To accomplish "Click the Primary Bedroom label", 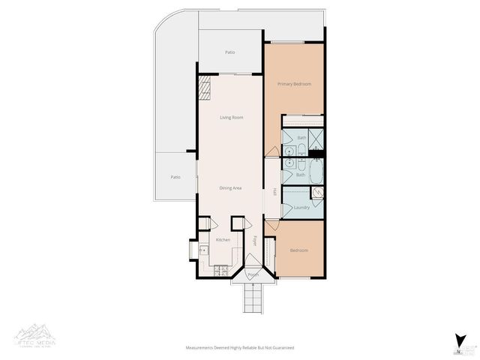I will [293, 84].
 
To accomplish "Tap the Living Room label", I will [231, 118].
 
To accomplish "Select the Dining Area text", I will [230, 187].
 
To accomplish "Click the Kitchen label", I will [223, 239].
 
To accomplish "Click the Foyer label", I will [255, 241].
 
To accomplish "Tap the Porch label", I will [253, 274].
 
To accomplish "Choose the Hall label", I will [274, 192].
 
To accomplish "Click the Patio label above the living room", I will [230, 52].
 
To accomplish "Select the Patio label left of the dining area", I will [175, 177].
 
